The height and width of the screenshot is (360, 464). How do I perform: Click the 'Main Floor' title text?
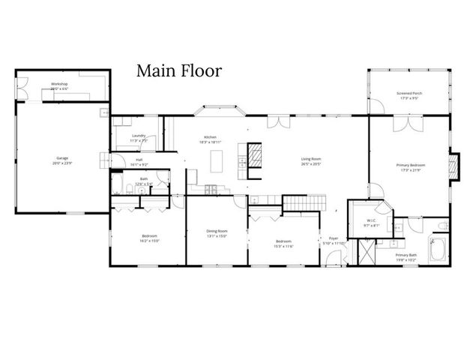[178, 71]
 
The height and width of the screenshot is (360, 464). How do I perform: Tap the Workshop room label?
[59, 83]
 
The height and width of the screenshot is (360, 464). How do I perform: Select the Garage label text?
[61, 157]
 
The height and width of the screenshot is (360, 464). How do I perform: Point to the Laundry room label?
[138, 136]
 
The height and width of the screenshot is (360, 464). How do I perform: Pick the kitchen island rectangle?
[217, 160]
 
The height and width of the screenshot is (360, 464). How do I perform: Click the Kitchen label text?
[211, 137]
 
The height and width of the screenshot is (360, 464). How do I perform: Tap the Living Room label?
[311, 159]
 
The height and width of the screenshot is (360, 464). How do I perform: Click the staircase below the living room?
[305, 202]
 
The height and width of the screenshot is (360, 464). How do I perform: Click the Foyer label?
[334, 238]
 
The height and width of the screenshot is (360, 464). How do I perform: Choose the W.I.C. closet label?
[372, 221]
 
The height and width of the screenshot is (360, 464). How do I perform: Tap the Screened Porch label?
[409, 94]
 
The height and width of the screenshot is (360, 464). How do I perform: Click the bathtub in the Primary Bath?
[438, 249]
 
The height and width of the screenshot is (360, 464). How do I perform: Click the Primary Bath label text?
[406, 256]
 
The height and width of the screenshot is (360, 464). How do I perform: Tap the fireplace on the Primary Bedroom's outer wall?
[452, 166]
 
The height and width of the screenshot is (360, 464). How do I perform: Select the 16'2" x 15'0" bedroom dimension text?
[149, 241]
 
